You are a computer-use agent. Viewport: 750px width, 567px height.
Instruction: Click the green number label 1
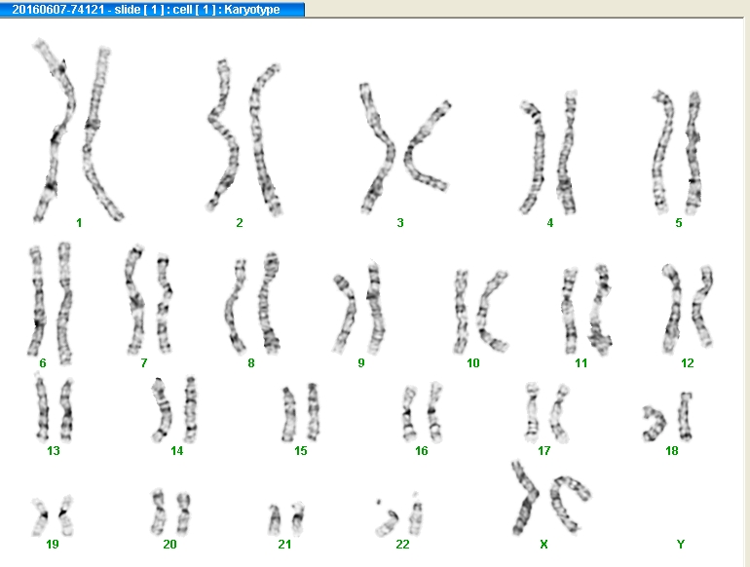79,223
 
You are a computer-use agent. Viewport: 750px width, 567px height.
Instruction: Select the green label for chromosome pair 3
400,223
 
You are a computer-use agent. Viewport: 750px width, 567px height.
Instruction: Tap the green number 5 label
679,223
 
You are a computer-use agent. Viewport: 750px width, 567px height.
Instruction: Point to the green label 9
361,363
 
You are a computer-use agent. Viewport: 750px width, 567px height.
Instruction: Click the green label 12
688,363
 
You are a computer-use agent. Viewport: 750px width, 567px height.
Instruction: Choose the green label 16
422,451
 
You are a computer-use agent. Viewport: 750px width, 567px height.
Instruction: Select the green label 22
402,544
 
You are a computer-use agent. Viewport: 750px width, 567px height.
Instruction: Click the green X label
544,544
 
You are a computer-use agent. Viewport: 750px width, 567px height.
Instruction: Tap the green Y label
681,544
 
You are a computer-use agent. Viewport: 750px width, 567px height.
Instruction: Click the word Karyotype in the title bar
252,10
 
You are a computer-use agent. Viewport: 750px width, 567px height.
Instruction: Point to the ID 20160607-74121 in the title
57,10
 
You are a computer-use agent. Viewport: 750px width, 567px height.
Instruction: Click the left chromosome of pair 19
40,515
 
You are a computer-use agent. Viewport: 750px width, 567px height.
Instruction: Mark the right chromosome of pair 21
298,519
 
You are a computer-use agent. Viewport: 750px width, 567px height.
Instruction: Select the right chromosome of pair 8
267,301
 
